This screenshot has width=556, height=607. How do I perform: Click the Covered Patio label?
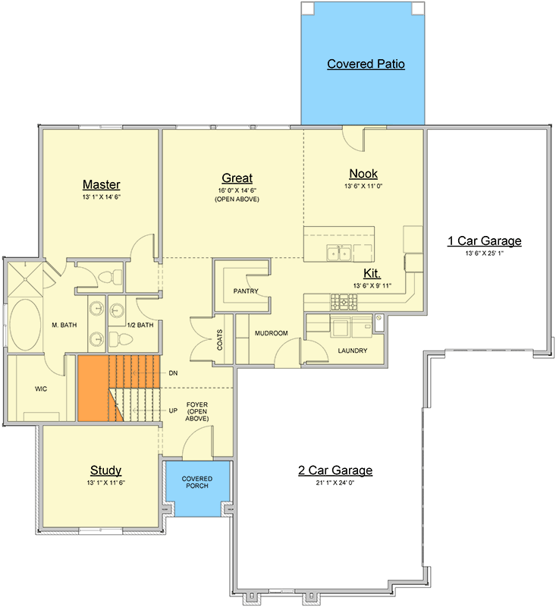pyautogui.click(x=366, y=64)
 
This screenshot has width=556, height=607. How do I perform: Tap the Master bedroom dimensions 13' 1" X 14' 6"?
pyautogui.click(x=102, y=197)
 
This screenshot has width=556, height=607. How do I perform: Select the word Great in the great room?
pyautogui.click(x=237, y=178)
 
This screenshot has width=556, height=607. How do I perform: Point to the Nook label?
pyautogui.click(x=363, y=174)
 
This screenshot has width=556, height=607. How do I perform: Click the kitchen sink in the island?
pyautogui.click(x=338, y=253)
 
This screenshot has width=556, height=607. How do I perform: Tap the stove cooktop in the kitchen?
pyautogui.click(x=344, y=302)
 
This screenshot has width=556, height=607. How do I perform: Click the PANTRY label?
pyautogui.click(x=246, y=291)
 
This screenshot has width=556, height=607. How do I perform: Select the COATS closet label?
pyautogui.click(x=220, y=340)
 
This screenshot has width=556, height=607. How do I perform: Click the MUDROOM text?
pyautogui.click(x=272, y=333)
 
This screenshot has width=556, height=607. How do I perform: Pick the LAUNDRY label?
pyautogui.click(x=353, y=351)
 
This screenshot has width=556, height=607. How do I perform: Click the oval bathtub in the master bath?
pyautogui.click(x=25, y=325)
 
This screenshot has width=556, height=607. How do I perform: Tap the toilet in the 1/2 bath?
pyautogui.click(x=121, y=339)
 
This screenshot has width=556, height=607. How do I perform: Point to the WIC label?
pyautogui.click(x=41, y=388)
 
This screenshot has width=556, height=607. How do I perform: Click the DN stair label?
pyautogui.click(x=173, y=373)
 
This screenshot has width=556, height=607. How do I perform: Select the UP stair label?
pyautogui.click(x=173, y=410)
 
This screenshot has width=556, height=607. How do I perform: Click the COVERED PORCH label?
pyautogui.click(x=197, y=482)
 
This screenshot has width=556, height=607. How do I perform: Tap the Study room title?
pyautogui.click(x=105, y=470)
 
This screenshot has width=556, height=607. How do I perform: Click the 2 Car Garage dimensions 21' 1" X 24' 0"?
pyautogui.click(x=335, y=483)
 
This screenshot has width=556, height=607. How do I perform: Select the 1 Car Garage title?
pyautogui.click(x=485, y=241)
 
